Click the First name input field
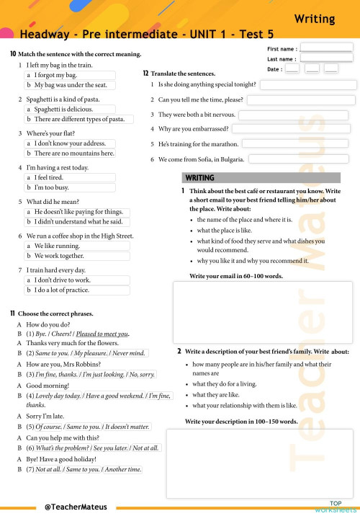coord(326,48)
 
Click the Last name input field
coord(326,58)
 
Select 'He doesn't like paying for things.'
coord(79,212)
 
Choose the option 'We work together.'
coord(61,256)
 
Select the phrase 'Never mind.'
coord(129,353)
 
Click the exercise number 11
coord(13,313)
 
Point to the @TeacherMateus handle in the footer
coord(75,507)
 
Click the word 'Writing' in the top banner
coord(315,19)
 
